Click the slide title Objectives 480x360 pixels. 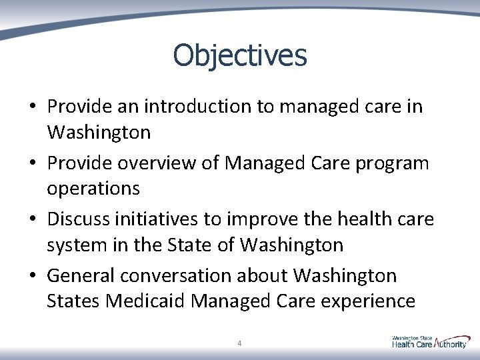(240, 55)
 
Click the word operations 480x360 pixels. (93, 189)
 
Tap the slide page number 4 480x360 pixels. (239, 343)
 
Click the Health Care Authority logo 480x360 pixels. (430, 342)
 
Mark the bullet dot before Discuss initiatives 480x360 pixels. (32, 219)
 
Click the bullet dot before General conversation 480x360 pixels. (32, 275)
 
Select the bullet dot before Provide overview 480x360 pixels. (32, 163)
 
